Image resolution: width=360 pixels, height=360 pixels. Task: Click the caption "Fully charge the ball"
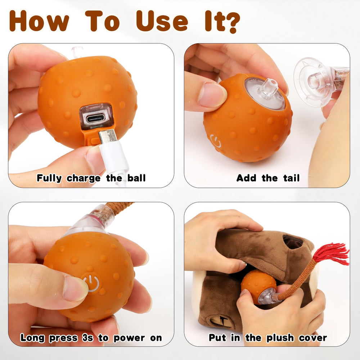click(91, 178)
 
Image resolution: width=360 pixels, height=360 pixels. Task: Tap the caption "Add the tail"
click(268, 178)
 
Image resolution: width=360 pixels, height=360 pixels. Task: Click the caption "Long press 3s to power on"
click(91, 338)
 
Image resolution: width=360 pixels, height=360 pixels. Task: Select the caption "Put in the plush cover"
click(268, 338)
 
